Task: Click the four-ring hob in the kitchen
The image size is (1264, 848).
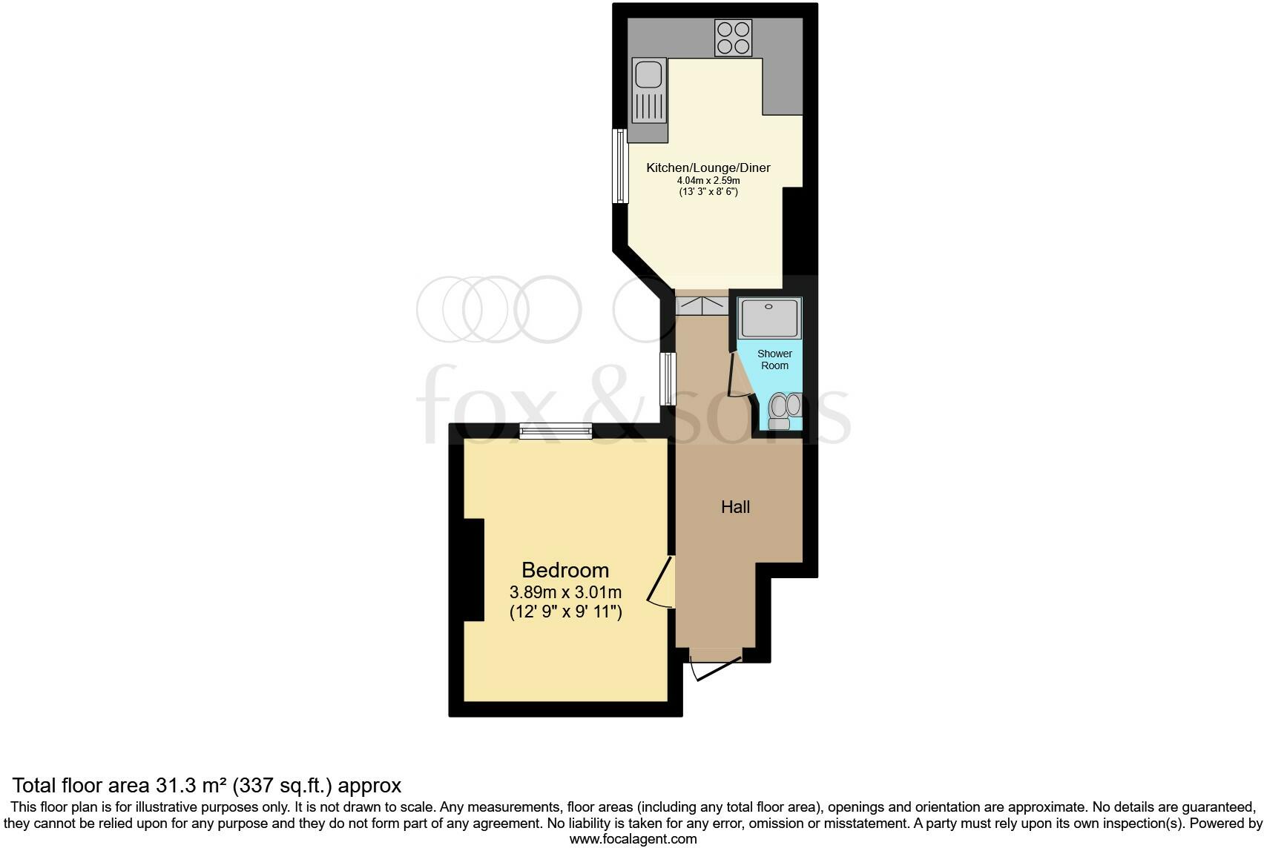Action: [733, 38]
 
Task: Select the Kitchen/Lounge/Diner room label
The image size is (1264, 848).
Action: [708, 168]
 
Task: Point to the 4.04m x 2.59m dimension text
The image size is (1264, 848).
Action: [708, 180]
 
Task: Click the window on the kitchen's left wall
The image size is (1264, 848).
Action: [619, 166]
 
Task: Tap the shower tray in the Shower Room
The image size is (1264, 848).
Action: [769, 318]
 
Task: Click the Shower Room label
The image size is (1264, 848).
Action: [774, 360]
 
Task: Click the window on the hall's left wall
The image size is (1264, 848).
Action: [668, 378]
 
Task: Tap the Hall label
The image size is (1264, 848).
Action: [735, 507]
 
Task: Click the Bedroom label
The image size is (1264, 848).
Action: [565, 570]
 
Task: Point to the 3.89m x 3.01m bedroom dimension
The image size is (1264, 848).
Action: [565, 592]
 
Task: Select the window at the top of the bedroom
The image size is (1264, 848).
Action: [555, 431]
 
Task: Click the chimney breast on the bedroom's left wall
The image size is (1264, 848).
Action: [474, 570]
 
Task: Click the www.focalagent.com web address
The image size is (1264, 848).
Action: [633, 839]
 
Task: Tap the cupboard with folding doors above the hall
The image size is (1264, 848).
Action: [701, 305]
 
